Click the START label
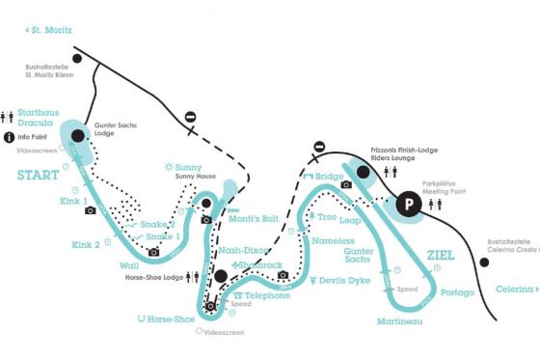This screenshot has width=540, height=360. click(39, 175)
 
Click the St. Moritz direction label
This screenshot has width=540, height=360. click(49, 31)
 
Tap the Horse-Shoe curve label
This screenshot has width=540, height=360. click(173, 318)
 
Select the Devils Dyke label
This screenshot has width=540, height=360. click(343, 281)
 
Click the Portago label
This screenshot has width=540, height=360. click(456, 292)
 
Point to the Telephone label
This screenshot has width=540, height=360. click(266, 295)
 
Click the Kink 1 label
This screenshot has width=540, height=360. click(72, 203)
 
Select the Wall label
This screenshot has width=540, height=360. click(129, 264)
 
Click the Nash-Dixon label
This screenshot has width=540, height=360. click(243, 250)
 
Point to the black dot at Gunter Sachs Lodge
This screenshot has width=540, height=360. click(78, 135)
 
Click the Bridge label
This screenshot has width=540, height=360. click(329, 177)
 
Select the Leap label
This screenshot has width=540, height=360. click(350, 220)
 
